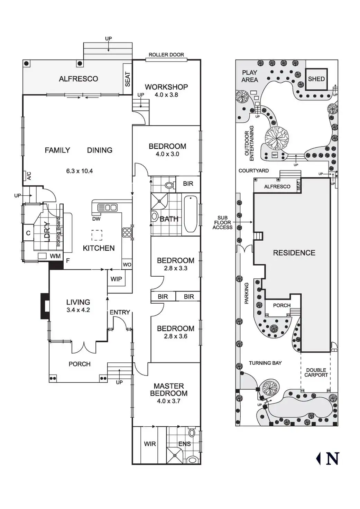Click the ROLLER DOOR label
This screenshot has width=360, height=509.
click(166, 55)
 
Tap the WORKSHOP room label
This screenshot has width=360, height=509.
click(166, 87)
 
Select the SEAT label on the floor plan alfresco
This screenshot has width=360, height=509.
click(128, 79)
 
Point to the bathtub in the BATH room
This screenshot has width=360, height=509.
click(191, 214)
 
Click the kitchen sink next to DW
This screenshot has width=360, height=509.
click(107, 207)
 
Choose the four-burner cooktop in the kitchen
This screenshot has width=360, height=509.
click(127, 232)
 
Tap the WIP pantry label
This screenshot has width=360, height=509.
click(116, 279)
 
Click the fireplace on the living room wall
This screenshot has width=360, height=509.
click(45, 306)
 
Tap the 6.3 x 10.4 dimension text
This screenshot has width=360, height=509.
click(80, 171)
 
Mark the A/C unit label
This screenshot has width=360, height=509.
click(29, 176)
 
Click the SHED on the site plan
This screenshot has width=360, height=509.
click(316, 79)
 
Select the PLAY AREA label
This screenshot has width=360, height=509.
click(250, 76)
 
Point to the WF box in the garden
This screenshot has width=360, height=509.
click(275, 155)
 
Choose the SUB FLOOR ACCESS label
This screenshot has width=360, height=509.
click(222, 223)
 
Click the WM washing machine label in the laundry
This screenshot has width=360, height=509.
click(55, 256)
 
